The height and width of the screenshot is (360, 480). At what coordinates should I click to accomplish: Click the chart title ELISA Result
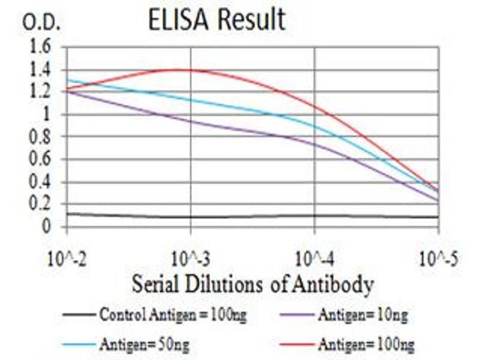click(217, 20)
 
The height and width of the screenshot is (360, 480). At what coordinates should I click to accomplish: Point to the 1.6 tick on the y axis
click(43, 48)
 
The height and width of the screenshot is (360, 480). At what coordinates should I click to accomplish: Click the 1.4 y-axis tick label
click(43, 70)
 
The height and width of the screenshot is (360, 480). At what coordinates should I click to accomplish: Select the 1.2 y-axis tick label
click(43, 92)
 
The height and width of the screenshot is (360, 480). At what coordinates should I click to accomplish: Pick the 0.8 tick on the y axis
click(43, 137)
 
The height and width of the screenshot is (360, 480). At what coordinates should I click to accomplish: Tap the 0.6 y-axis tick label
click(43, 160)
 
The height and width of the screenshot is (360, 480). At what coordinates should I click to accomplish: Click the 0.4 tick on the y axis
click(43, 182)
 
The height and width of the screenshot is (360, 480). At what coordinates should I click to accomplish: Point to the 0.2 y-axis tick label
click(43, 204)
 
